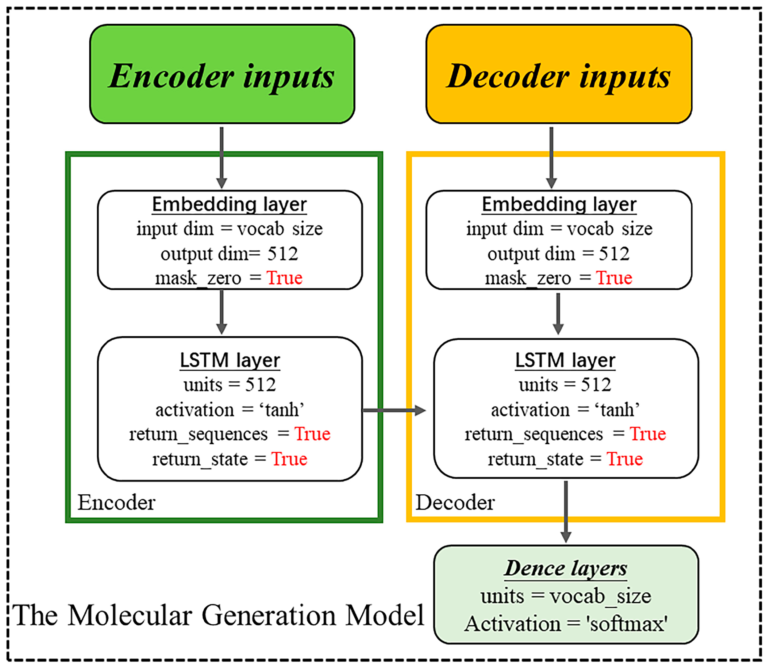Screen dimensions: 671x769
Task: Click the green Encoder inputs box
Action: coord(222,74)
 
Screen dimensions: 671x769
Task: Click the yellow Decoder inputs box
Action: coord(558,74)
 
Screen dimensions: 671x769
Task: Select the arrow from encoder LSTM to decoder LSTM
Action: coord(393,410)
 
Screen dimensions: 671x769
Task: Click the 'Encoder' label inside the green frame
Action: coord(116,502)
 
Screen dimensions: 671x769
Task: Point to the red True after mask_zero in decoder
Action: coord(614,278)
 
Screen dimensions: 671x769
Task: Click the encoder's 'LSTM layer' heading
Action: coord(230,360)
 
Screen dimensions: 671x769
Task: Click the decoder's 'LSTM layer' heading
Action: coord(565,360)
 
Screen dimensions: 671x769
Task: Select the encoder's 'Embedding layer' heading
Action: coord(229,204)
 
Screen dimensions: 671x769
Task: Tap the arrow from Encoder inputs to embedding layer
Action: coord(222,157)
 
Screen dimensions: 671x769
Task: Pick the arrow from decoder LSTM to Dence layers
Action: coord(566,511)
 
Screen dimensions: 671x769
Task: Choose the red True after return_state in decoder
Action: coord(624,459)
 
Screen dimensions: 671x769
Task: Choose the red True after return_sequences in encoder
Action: coord(312,434)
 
